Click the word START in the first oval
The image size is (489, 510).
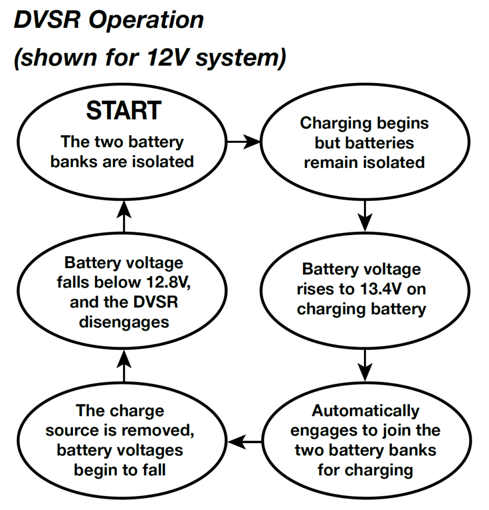124,111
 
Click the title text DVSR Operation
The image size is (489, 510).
109,21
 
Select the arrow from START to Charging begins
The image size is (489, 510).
244,142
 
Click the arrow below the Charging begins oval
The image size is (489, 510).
365,214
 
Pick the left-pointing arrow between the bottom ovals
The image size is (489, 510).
245,441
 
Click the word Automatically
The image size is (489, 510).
365,411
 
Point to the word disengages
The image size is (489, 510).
124,322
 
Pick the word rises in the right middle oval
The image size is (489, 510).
319,289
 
